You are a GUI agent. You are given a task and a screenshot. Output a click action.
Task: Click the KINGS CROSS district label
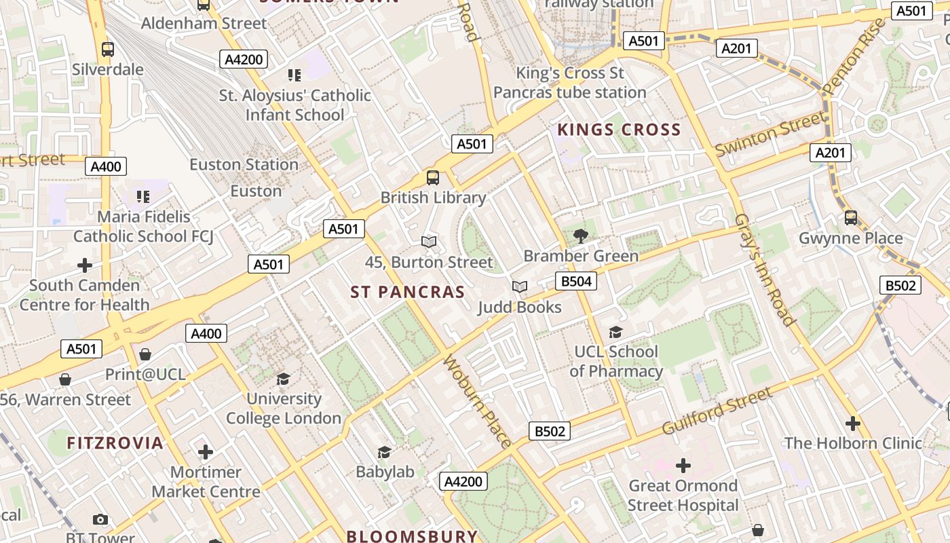[619, 130]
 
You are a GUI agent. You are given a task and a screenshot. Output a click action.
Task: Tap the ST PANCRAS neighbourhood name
[408, 293]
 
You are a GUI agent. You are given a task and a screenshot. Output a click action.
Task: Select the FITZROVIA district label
[115, 443]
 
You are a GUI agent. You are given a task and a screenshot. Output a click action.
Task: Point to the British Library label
[433, 198]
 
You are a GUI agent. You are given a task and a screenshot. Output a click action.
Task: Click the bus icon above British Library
[433, 178]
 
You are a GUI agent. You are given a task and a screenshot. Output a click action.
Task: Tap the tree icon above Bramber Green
[580, 236]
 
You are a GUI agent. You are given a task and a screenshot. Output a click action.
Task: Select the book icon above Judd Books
[520, 287]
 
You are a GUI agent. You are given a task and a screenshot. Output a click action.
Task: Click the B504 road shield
[576, 281]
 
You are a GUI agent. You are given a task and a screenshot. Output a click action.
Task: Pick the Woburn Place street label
[477, 401]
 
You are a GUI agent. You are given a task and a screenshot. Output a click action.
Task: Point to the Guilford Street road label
[717, 411]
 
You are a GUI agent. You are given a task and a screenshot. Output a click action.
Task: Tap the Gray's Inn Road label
[764, 269]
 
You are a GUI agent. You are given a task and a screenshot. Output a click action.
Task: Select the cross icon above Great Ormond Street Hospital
[683, 466]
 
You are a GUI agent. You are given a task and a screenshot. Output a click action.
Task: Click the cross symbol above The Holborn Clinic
[853, 424]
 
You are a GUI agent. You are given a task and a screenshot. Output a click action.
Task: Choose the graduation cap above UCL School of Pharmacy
[615, 332]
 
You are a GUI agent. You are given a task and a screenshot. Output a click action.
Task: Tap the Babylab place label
[385, 472]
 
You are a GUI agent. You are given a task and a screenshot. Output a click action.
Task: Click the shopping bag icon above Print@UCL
[145, 354]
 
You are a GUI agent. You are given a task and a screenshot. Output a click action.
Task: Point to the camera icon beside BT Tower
[100, 520]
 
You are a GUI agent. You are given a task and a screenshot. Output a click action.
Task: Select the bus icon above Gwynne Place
[851, 218]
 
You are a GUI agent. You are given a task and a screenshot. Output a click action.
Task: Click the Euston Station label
[244, 165]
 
